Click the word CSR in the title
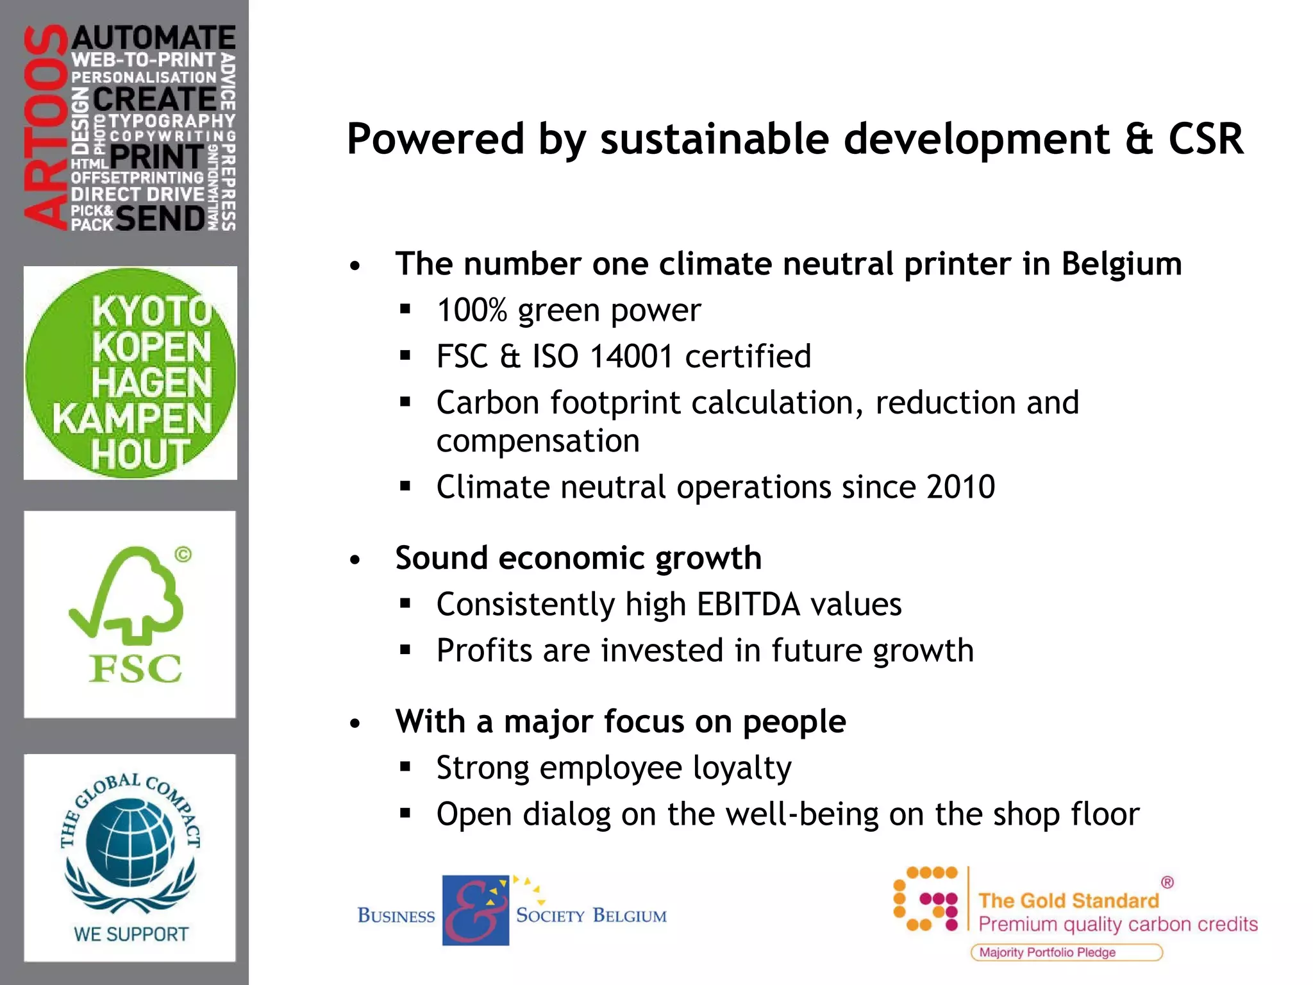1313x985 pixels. (x=1205, y=139)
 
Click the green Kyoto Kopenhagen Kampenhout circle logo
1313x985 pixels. (x=131, y=373)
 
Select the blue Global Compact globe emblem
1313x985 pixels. (x=130, y=840)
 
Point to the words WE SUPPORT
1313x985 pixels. (x=131, y=934)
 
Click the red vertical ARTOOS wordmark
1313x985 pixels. (x=46, y=127)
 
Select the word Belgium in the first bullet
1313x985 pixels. (x=1121, y=264)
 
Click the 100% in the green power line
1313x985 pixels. (x=472, y=311)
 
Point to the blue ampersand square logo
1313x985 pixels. (x=475, y=910)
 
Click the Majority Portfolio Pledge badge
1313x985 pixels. (x=1066, y=952)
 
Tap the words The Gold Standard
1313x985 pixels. (x=1068, y=901)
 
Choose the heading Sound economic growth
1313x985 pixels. (x=578, y=558)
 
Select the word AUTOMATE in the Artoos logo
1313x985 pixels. (x=154, y=38)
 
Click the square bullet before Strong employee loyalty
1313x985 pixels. (x=405, y=766)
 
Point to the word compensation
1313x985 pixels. (x=538, y=442)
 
